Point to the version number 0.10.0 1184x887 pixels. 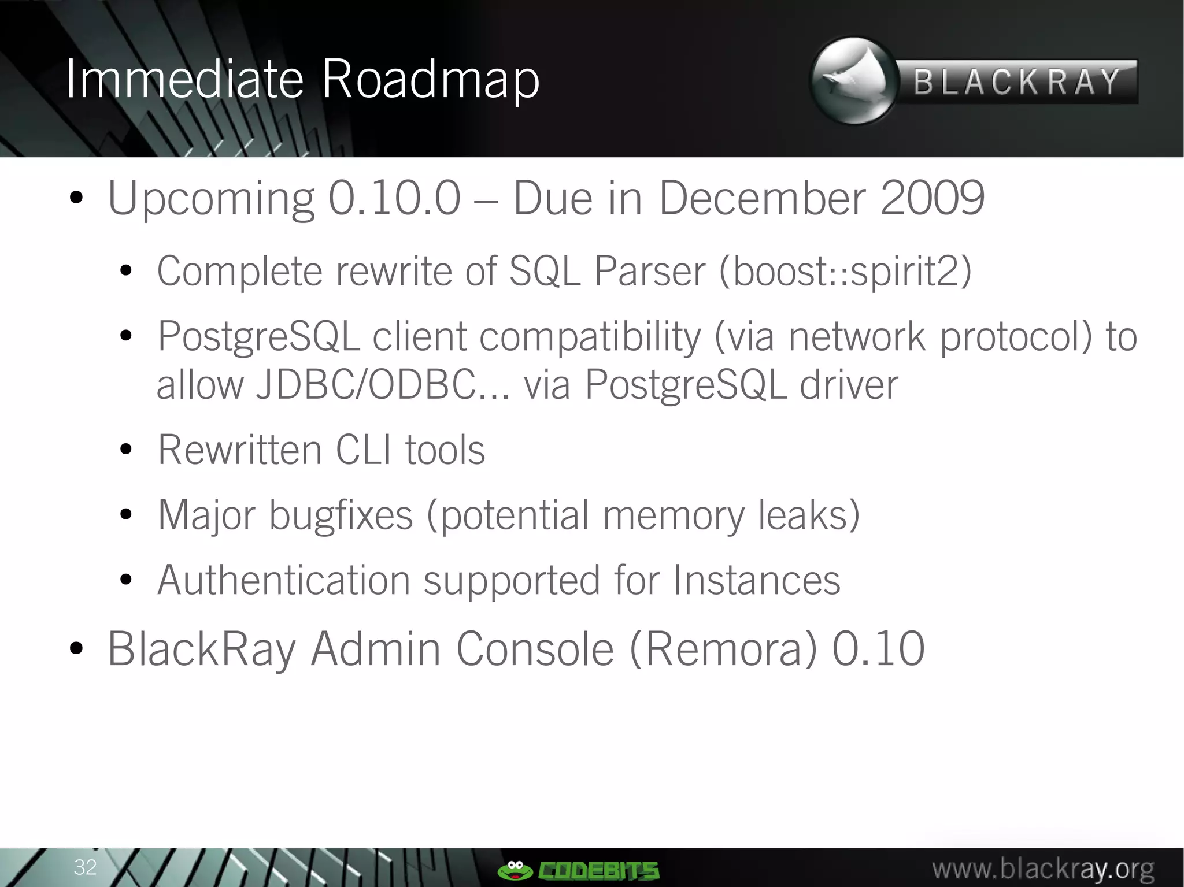coord(394,198)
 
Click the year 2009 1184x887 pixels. coord(932,198)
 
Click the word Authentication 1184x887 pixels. coord(283,580)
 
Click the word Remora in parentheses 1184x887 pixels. coord(723,650)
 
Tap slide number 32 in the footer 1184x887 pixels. coord(85,867)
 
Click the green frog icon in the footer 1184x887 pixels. coord(514,869)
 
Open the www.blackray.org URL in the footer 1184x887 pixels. coord(1043,869)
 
